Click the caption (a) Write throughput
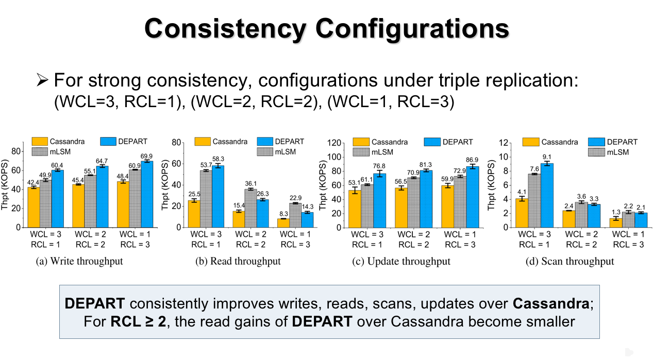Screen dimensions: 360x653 tap(79, 261)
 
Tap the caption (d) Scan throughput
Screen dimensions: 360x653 tap(570, 261)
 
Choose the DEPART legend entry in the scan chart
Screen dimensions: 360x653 tap(613, 142)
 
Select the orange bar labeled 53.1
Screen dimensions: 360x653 tap(354, 209)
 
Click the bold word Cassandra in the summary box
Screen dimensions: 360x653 tap(553, 304)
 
